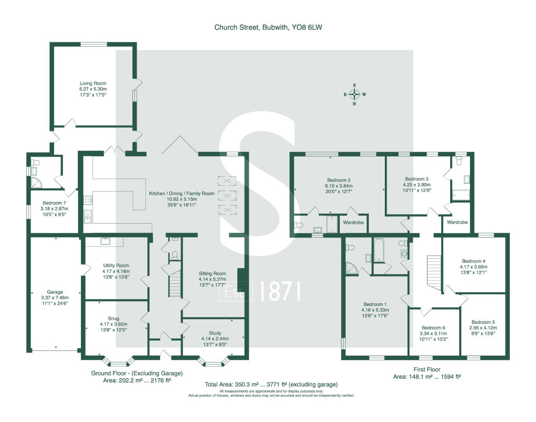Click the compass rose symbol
354,94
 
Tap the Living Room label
93,83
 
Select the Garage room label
55,292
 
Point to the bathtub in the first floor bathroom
379,250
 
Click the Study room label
215,333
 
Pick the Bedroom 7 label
54,203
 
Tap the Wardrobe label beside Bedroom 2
353,222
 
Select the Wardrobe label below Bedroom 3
457,222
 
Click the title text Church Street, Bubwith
268,27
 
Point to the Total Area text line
271,384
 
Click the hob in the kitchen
88,200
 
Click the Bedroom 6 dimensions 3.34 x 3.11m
433,333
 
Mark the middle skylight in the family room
227,195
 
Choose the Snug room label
113,318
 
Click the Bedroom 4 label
473,261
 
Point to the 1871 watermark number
280,291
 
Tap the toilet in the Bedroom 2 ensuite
298,225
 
